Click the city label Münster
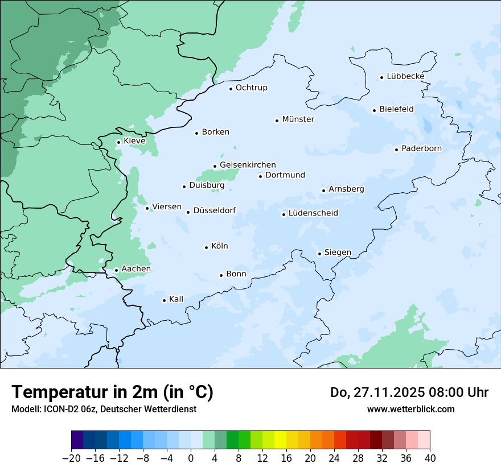tap(298, 119)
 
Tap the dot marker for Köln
tap(206, 247)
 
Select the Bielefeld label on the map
tap(396, 109)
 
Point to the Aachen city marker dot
tap(116, 271)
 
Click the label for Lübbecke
tap(405, 76)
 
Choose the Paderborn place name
tap(421, 148)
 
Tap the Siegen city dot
tap(320, 254)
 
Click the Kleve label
tap(134, 141)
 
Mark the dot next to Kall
tap(165, 300)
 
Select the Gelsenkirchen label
tap(248, 165)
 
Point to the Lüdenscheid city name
tap(313, 213)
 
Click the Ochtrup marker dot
tap(231, 89)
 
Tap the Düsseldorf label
tap(215, 210)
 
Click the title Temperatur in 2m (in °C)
tap(113, 392)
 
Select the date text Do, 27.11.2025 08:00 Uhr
tap(409, 392)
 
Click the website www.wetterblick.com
tap(410, 409)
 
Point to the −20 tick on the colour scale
tap(72, 458)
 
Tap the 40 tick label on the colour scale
tap(430, 458)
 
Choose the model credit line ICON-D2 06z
tap(104, 409)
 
